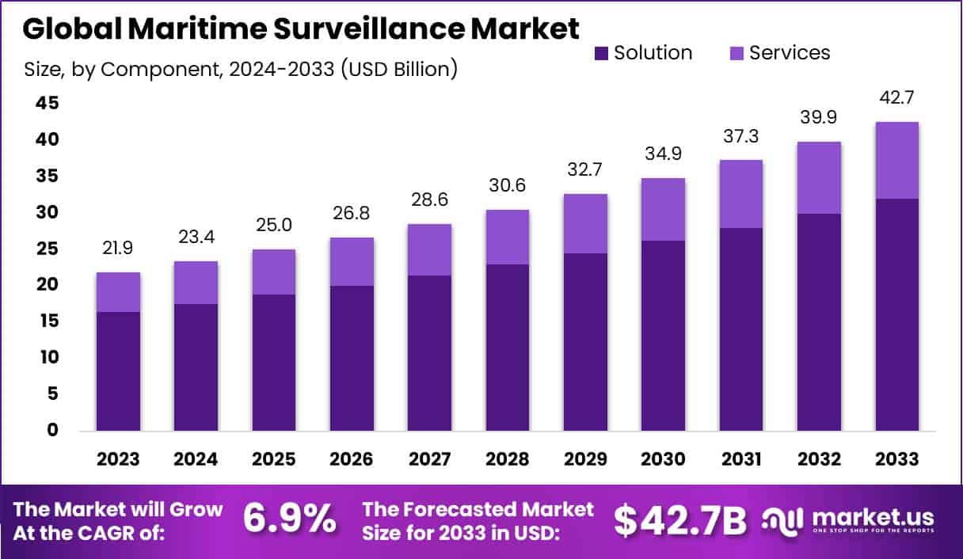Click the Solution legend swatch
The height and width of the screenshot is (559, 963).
tap(600, 54)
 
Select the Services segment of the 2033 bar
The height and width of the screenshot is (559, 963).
tap(897, 160)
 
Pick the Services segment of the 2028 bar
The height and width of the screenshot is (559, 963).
tap(508, 237)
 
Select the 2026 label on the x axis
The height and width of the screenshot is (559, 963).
tap(352, 460)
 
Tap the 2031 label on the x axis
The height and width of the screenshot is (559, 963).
tap(741, 460)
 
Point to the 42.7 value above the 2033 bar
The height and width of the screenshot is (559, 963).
tap(897, 100)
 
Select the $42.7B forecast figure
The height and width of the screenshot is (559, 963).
tap(680, 519)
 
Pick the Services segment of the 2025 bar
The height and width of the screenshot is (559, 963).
tap(274, 272)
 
